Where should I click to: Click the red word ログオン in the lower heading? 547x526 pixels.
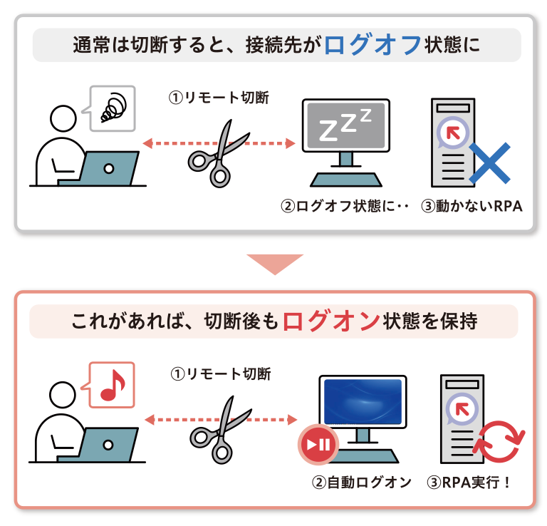point(330,321)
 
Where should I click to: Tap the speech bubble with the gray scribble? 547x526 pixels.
point(112,108)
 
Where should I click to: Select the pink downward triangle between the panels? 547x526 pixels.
point(274,264)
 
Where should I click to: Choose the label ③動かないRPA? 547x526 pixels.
point(472,207)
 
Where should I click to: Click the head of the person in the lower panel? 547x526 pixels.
point(62,393)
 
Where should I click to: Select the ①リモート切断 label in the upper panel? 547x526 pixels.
point(219,98)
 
